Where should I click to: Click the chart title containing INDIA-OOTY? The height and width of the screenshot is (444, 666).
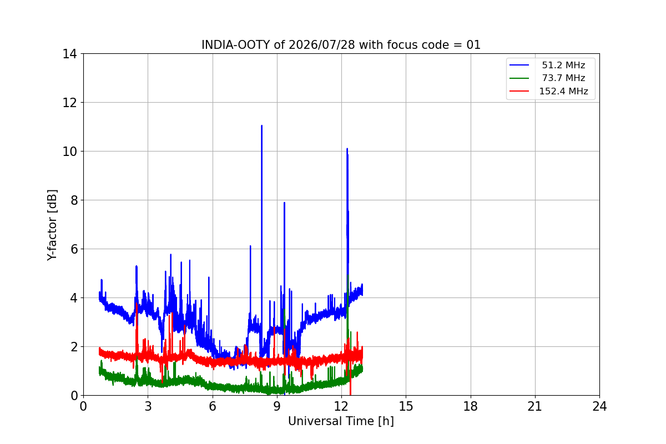point(341,45)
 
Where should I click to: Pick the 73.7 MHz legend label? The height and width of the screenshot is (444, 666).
point(563,78)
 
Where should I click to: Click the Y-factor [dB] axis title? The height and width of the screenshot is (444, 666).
point(52,225)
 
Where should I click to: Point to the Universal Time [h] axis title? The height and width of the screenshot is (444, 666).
point(341,421)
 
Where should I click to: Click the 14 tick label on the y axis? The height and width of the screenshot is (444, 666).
point(69,54)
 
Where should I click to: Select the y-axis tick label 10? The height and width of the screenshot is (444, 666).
point(69,152)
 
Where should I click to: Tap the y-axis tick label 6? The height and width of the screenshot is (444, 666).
point(73,249)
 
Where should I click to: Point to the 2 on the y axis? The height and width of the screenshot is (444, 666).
point(73,347)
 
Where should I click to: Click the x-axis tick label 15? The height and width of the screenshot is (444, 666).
point(406,406)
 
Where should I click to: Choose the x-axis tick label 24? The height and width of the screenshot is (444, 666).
point(599,406)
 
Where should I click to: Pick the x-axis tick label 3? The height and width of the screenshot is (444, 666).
point(148,406)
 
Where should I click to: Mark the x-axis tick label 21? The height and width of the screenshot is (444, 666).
point(535,406)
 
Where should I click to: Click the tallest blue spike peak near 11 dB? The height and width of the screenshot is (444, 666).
point(261,126)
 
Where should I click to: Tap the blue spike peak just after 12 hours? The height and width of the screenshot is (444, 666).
point(347,149)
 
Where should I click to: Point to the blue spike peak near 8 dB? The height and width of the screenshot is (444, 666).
point(284,203)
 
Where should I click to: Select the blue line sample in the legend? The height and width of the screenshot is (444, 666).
point(519,65)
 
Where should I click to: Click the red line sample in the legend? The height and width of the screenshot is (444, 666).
point(519,91)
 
